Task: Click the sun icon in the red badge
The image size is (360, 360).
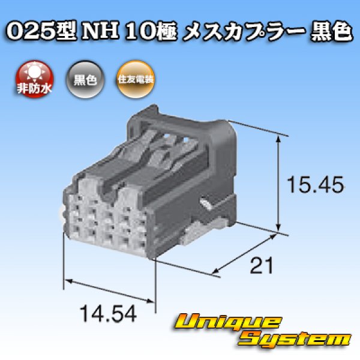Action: [x=34, y=72]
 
